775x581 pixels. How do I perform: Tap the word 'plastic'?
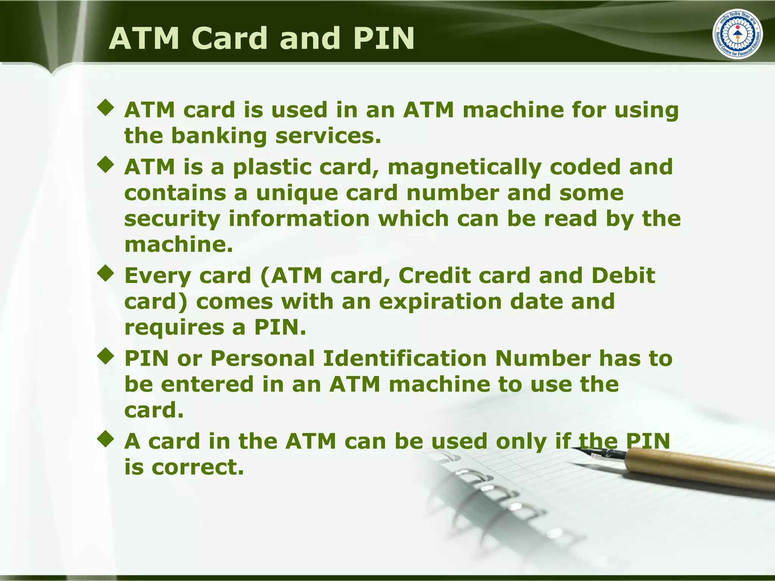point(272,167)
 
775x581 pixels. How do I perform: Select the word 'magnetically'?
point(464,167)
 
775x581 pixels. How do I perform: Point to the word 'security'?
point(172,219)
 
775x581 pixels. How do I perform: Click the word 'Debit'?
point(623,275)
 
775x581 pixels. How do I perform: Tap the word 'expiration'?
point(440,302)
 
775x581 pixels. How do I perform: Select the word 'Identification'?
point(405,358)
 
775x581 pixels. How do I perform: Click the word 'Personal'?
point(262,358)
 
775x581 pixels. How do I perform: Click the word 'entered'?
point(207,384)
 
